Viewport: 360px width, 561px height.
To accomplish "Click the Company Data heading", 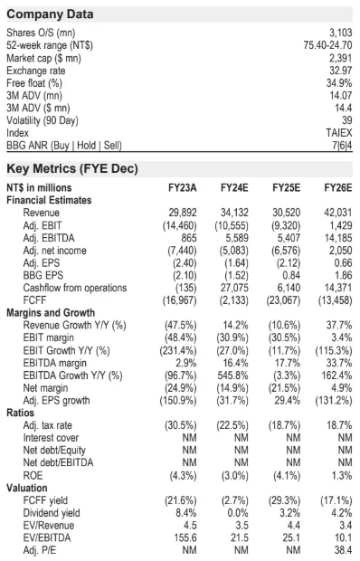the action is coord(50,14).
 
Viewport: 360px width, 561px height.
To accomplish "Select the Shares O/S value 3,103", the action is coord(341,33).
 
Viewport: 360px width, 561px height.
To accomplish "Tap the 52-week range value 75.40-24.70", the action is coord(327,45).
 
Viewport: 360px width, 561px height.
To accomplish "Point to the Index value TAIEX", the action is coord(339,133).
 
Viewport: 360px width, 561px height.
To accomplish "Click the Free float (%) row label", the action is coord(34,83).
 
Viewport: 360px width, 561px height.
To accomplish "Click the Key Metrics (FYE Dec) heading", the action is coord(72,168).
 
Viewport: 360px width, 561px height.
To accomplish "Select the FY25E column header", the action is coord(287,188).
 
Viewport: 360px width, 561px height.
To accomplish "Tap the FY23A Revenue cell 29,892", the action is coord(183,213).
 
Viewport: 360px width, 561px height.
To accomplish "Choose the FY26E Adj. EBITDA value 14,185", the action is coord(338,238).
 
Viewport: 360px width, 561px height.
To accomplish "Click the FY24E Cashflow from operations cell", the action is coord(234,288).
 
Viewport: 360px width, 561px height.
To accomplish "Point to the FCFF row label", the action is coord(34,300).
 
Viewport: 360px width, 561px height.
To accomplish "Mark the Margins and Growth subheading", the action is coord(51,313).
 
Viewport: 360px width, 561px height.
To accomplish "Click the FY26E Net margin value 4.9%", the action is coord(342,388).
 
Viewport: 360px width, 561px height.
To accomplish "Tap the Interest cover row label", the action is coord(51,438).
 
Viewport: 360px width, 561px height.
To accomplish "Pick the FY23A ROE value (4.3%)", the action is coord(183,475).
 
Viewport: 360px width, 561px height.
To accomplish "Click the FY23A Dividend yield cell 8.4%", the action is coord(186,513).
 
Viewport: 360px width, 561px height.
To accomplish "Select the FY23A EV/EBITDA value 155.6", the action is coord(185,537).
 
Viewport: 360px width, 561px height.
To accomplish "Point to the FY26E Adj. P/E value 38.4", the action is coord(343,550).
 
